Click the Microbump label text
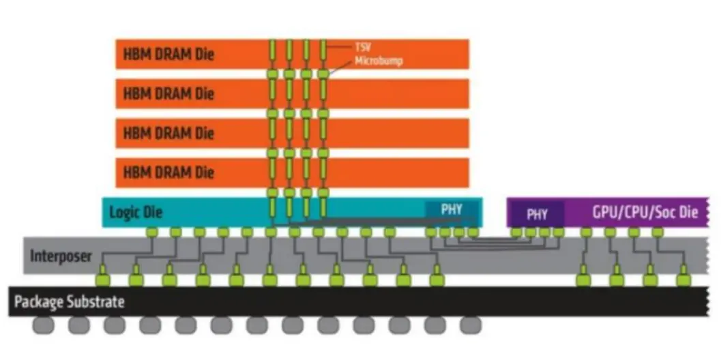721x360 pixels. (x=377, y=61)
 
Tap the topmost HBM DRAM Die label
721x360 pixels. (x=168, y=54)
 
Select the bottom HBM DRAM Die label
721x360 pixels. (x=168, y=172)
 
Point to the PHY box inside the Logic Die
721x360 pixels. (x=452, y=210)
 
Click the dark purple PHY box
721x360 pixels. (x=537, y=214)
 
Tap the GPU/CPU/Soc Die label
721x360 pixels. (x=645, y=213)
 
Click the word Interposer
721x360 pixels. (x=61, y=256)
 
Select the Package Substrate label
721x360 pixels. (x=70, y=301)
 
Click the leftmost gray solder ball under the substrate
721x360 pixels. (x=44, y=326)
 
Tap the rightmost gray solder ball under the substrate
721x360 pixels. (x=469, y=326)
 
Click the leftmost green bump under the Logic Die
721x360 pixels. (x=151, y=232)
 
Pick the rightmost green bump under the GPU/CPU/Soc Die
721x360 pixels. (x=658, y=232)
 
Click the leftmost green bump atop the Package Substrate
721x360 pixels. (x=102, y=279)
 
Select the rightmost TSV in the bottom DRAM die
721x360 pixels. (x=323, y=172)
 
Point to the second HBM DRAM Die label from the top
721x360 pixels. (x=168, y=93)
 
